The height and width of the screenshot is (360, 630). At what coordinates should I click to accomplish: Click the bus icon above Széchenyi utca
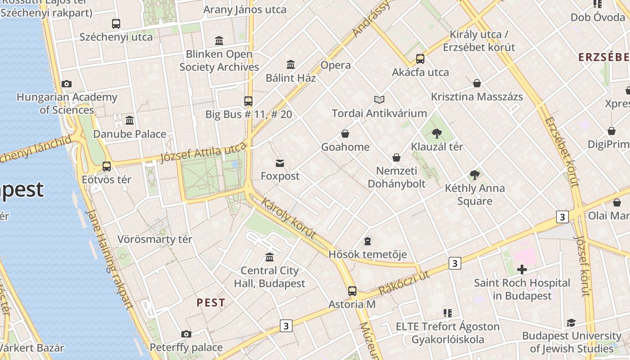click(116, 23)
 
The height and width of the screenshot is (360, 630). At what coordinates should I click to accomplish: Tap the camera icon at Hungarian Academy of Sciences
click(67, 84)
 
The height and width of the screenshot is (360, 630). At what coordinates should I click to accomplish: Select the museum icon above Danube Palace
click(130, 120)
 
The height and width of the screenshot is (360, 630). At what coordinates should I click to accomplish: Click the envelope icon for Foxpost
click(280, 162)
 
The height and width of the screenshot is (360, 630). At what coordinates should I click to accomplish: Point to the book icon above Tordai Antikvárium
click(379, 99)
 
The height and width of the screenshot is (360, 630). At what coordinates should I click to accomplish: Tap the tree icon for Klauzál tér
click(436, 133)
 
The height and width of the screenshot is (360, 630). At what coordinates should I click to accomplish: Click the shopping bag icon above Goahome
click(345, 134)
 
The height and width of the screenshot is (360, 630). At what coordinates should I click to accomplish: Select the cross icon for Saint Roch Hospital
click(522, 270)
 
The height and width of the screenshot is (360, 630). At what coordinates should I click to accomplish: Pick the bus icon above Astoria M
click(352, 291)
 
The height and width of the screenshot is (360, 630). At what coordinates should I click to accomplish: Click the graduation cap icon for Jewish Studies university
click(571, 323)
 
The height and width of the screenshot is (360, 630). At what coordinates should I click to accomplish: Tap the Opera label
click(335, 65)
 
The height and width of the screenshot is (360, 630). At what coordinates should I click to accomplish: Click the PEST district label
click(211, 303)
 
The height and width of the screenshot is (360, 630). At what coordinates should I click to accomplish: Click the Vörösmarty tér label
click(155, 239)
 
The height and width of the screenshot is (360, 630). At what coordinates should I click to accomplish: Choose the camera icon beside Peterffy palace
click(186, 334)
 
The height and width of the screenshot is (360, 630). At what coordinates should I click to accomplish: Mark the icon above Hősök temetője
click(368, 241)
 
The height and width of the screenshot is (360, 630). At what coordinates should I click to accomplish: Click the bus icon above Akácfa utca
click(420, 59)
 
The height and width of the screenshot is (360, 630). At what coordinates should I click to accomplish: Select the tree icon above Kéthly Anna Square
click(474, 175)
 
